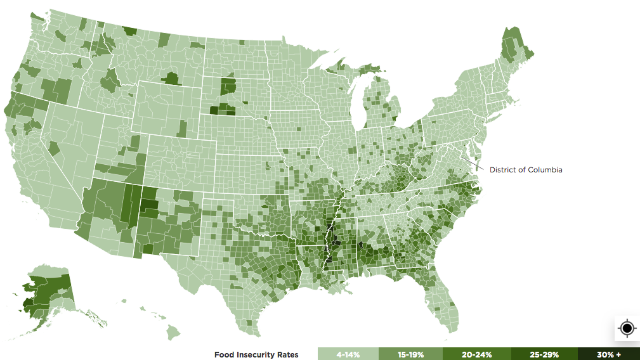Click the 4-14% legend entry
point(348,354)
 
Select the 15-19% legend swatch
point(410,354)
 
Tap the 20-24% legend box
point(477,354)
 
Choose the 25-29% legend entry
point(544,354)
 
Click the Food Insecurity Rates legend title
point(256,355)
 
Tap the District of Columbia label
point(526,170)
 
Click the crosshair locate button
point(627,328)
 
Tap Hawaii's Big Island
point(173,331)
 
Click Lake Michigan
point(356,105)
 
